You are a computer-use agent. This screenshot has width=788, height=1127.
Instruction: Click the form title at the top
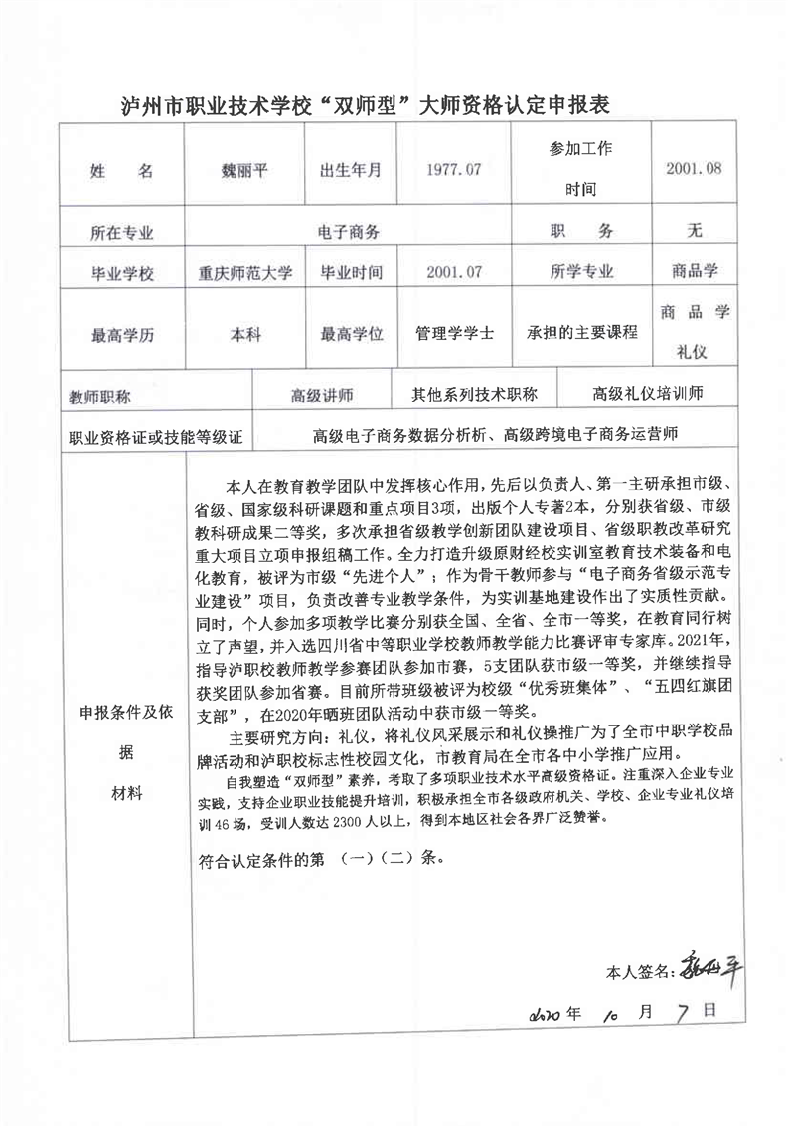tap(363, 102)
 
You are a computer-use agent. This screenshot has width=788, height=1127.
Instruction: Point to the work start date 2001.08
tap(694, 169)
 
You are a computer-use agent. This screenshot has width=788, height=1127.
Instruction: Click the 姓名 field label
tap(121, 171)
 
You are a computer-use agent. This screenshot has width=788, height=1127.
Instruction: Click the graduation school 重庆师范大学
tap(245, 272)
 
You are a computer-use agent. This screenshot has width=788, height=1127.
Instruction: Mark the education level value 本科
tap(245, 336)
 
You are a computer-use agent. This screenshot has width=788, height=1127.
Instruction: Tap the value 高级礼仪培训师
tap(648, 394)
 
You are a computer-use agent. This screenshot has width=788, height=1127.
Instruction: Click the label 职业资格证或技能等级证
tap(155, 436)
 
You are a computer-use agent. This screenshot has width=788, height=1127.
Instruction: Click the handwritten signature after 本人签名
tap(707, 963)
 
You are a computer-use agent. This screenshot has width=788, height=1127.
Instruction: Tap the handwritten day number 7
tap(681, 1013)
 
